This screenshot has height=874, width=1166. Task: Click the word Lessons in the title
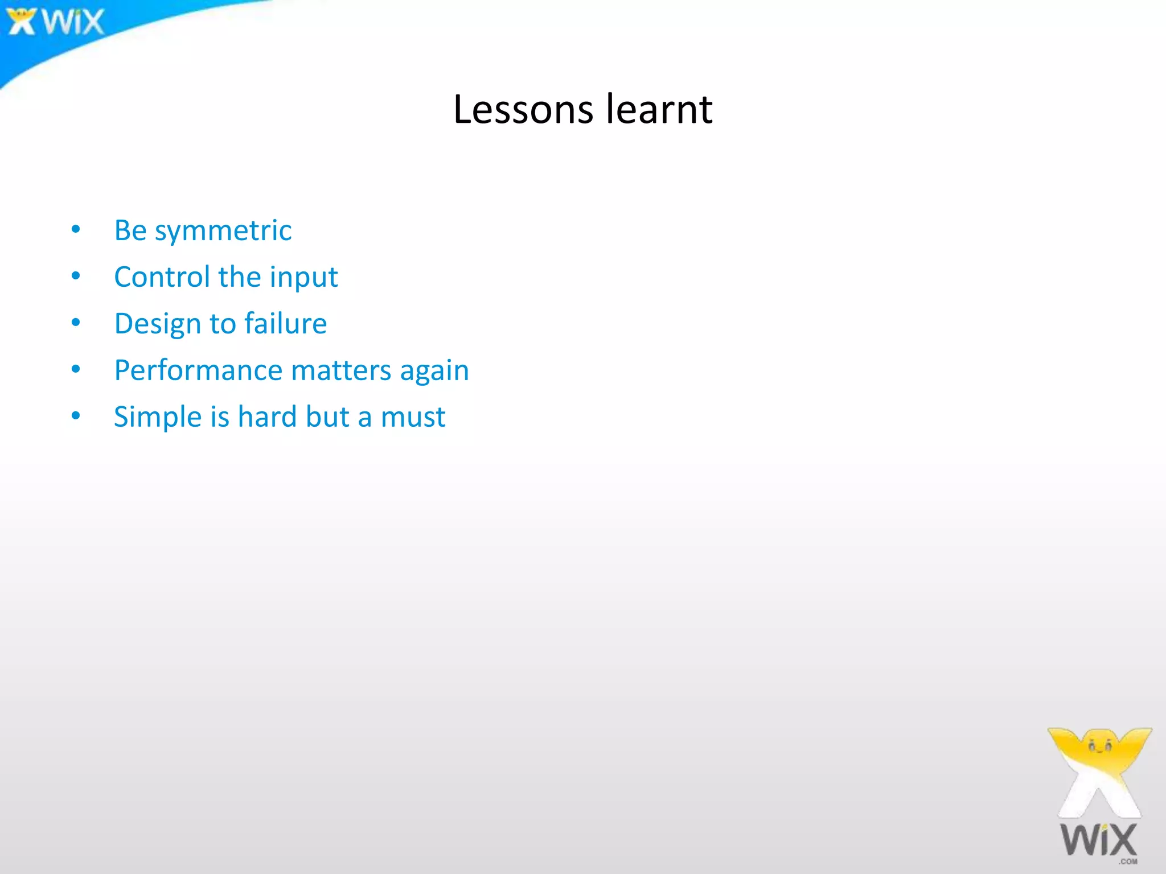523,109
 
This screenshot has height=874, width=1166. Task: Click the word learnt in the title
659,109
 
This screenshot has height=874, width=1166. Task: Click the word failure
286,323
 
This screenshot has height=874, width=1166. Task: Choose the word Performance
198,370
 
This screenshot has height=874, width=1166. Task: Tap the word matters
341,370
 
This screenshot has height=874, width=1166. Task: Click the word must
413,417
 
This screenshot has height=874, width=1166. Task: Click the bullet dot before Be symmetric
76,229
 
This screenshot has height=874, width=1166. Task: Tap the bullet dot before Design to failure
76,323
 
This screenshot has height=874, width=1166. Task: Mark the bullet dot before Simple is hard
76,416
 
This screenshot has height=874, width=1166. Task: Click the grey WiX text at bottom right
1098,840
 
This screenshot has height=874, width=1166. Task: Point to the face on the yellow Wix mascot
1100,745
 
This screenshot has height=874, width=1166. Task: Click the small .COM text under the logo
1127,861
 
